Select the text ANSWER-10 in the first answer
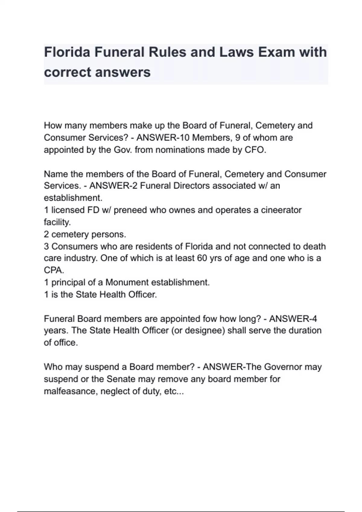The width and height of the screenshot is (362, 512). point(163,138)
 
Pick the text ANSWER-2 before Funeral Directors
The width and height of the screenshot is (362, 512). point(113,186)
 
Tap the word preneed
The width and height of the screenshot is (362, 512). point(130,210)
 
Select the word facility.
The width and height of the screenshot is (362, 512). point(57,222)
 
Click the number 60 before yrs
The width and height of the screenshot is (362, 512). point(202,258)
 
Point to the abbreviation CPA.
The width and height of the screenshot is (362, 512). point(54,270)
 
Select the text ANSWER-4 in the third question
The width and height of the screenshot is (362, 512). point(293,319)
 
